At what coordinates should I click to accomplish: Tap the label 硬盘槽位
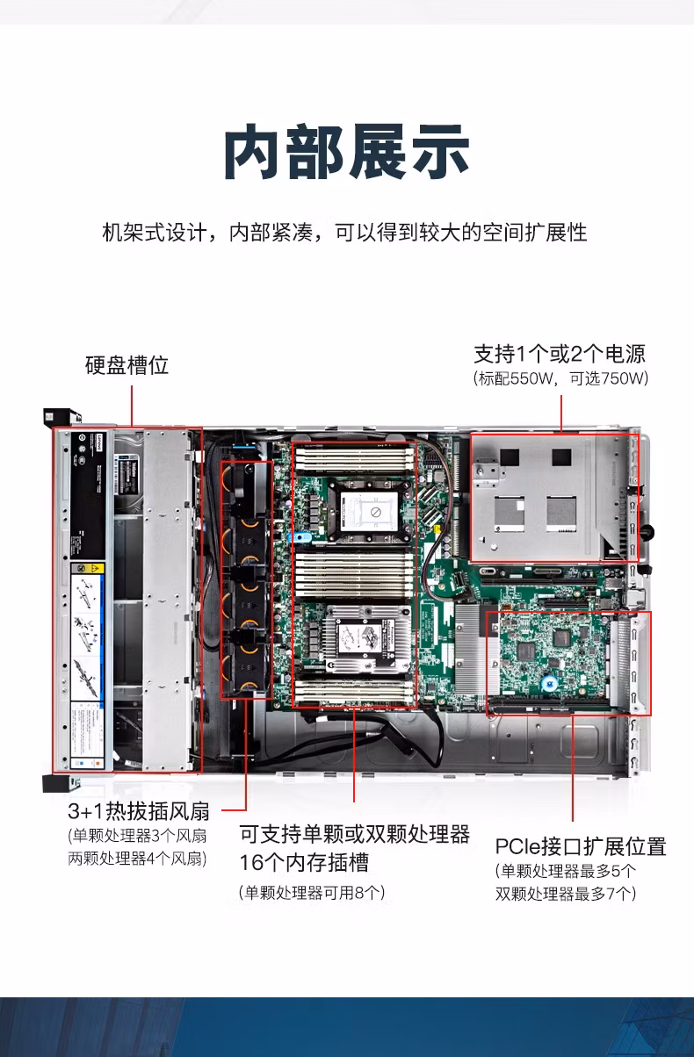pyautogui.click(x=127, y=365)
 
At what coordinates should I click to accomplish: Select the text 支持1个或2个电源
pyautogui.click(x=560, y=354)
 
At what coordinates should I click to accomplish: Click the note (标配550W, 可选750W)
pyautogui.click(x=560, y=379)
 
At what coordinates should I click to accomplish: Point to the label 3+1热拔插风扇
pyautogui.click(x=144, y=810)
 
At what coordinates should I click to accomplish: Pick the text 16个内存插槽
pyautogui.click(x=304, y=862)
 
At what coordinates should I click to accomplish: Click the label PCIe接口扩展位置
pyautogui.click(x=581, y=846)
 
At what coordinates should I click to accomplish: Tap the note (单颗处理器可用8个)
pyautogui.click(x=312, y=893)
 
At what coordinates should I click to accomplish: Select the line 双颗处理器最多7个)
pyautogui.click(x=566, y=894)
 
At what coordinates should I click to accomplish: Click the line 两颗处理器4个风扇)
pyautogui.click(x=138, y=858)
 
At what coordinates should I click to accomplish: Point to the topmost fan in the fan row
pyautogui.click(x=245, y=482)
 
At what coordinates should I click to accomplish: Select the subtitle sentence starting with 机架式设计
pyautogui.click(x=345, y=234)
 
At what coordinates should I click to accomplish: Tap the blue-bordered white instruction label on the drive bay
pyautogui.click(x=87, y=632)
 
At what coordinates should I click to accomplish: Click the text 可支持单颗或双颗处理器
pyautogui.click(x=355, y=834)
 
